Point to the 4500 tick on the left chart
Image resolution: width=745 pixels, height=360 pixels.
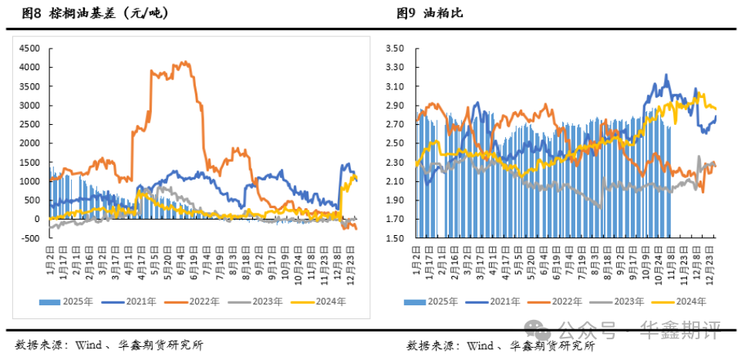coord(29,48)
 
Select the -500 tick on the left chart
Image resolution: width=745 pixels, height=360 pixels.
coord(30,238)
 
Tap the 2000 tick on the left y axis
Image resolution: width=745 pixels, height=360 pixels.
coord(29,143)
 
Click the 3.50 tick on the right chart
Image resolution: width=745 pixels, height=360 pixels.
coord(395,48)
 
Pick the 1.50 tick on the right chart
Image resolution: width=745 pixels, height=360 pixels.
coord(395,238)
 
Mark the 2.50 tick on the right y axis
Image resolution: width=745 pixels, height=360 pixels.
coord(395,143)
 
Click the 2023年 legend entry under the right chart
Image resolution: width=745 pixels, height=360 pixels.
coord(627,301)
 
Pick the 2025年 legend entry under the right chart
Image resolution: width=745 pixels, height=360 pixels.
coord(437,301)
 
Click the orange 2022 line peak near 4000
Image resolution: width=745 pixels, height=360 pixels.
coord(184,62)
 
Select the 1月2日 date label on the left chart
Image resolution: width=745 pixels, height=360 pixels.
coord(49,257)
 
